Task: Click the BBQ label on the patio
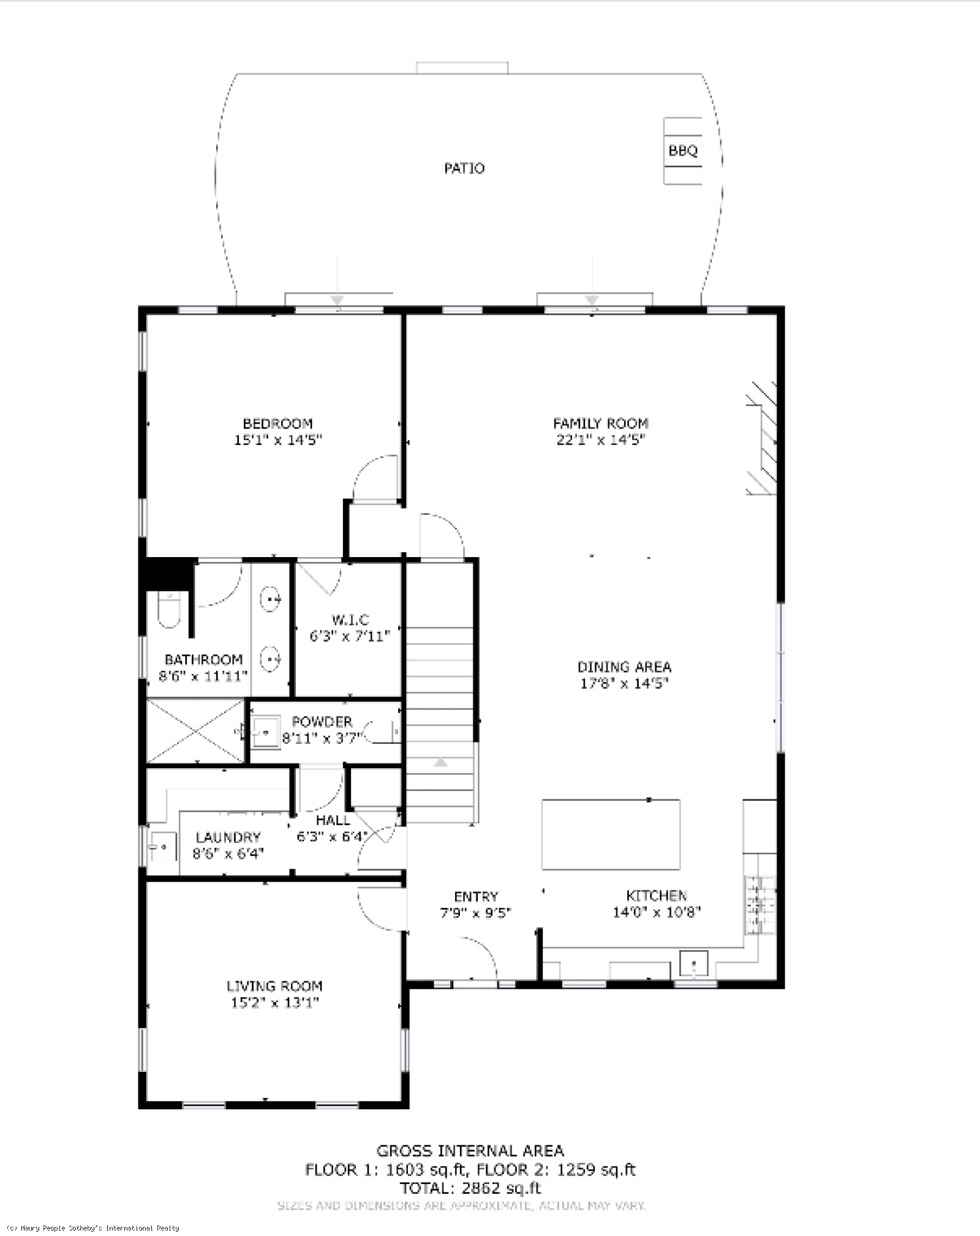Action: click(683, 151)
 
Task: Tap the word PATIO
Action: click(464, 168)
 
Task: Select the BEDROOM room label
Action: click(277, 424)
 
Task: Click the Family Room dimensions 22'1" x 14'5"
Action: click(601, 440)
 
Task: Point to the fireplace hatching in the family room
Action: click(761, 438)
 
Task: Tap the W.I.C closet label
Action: click(350, 620)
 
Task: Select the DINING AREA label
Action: click(624, 667)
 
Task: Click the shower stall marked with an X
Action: click(195, 732)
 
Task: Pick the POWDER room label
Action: click(322, 722)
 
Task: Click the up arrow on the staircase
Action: click(440, 762)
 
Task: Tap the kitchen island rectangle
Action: click(611, 834)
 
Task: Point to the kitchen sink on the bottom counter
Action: click(693, 965)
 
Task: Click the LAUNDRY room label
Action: click(228, 837)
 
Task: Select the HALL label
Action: click(333, 820)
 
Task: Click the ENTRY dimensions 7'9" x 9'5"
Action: click(476, 913)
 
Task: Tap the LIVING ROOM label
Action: click(274, 986)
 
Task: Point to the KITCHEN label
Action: click(657, 896)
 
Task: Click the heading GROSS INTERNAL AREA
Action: click(470, 1151)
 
